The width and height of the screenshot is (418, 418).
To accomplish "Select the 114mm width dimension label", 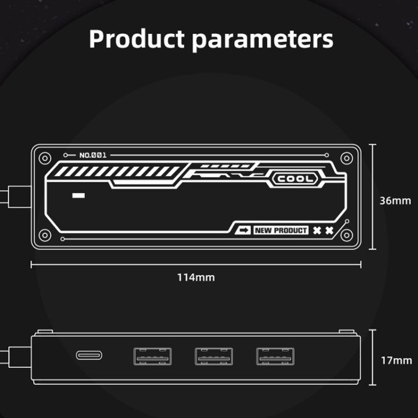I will pos(196,277).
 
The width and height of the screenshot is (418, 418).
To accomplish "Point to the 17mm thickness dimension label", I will pos(395,360).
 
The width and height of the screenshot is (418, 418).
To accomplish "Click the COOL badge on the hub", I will pos(296,179).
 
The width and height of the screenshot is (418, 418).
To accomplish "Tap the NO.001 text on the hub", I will pos(93,155).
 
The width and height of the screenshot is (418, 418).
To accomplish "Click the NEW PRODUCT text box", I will pos(281,230).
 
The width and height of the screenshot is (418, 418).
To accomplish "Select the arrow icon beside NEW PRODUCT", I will pos(244,230).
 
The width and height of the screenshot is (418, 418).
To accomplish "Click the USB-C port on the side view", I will pos(89,355).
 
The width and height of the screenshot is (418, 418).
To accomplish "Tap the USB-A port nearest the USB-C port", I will pos(152,356).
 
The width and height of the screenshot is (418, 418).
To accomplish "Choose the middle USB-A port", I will pos(213,356).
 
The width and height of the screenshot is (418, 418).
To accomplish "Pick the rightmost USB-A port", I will pos(275,356).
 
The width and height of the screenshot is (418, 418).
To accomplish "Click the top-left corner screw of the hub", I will pos(45,158).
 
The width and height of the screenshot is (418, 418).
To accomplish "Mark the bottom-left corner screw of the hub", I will pos(45,235).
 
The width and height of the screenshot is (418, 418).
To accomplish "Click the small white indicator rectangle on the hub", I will pos(79,196).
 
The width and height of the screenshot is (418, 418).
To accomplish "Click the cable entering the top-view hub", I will pos(14,196).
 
